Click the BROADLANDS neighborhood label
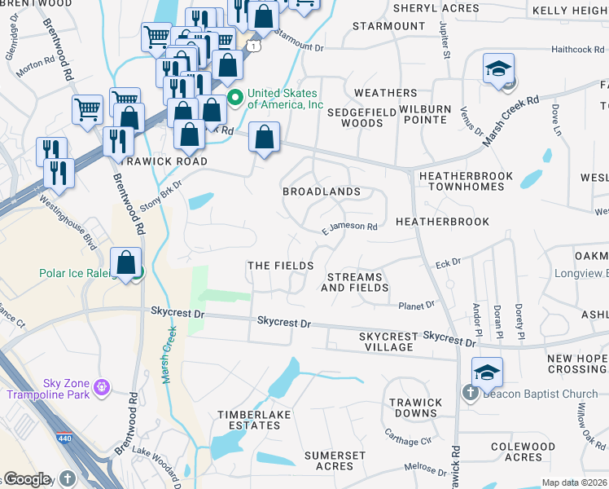321,192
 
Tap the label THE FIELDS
280,267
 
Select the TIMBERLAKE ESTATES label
248,421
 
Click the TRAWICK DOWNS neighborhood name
414,408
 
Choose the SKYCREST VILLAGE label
388,341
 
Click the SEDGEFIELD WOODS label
354,117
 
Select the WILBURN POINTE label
423,114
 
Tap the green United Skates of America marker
235,99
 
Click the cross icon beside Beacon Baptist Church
470,394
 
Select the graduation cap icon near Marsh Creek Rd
498,68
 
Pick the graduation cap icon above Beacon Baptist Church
486,372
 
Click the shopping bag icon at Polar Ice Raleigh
126,264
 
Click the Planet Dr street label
416,306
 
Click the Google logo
26,479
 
